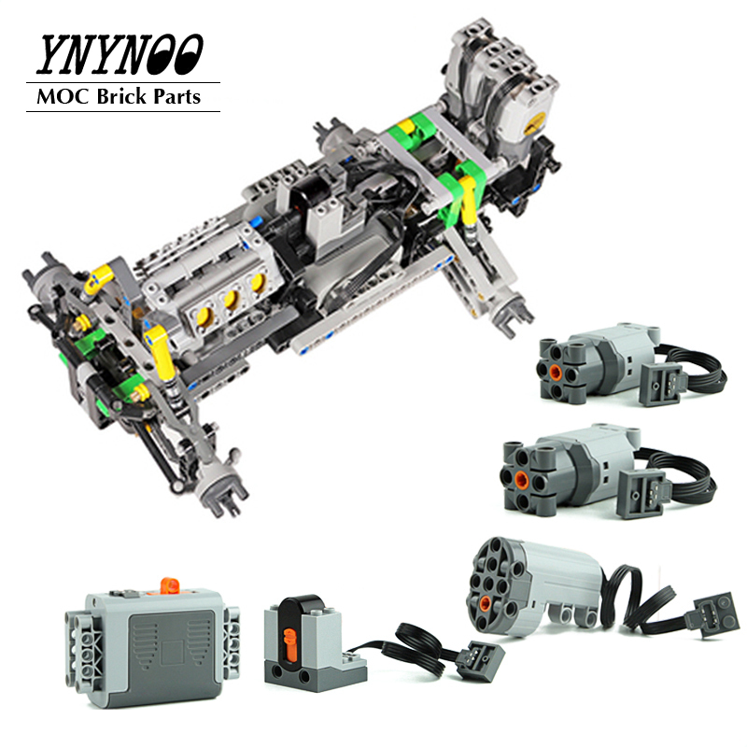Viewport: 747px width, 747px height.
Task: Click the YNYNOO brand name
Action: click(x=120, y=55)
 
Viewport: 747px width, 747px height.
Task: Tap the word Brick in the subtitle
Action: click(x=121, y=97)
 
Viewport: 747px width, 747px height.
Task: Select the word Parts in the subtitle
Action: click(x=176, y=97)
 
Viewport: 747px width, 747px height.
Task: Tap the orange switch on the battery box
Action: click(x=169, y=585)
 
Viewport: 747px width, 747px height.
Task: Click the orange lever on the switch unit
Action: click(x=289, y=645)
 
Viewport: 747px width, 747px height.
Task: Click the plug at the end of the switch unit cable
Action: click(x=480, y=659)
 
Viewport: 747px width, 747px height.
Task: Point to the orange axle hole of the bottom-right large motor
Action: click(x=485, y=603)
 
